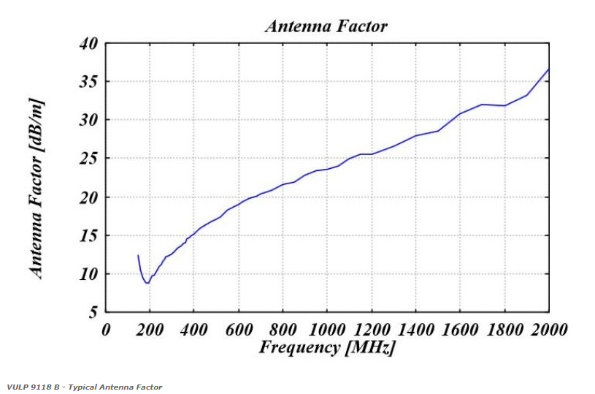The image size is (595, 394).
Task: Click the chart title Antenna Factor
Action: tap(326, 26)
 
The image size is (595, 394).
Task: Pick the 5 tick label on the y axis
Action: tap(93, 313)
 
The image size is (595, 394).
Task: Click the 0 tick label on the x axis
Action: tap(107, 330)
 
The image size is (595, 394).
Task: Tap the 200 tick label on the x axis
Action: tap(150, 330)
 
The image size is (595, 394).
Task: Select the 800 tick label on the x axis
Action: tap(283, 330)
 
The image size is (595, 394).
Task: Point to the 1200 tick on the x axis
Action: tap(372, 330)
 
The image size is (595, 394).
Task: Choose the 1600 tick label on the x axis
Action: tap(460, 330)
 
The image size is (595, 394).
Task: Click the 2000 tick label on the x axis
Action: tap(548, 330)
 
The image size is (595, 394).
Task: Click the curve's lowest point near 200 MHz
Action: tap(147, 283)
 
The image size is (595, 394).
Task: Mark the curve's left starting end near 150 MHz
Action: tap(138, 255)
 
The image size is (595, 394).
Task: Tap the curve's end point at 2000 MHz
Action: tap(548, 69)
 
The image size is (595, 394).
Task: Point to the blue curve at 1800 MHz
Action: tap(504, 106)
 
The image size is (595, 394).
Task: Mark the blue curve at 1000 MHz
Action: tap(328, 169)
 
